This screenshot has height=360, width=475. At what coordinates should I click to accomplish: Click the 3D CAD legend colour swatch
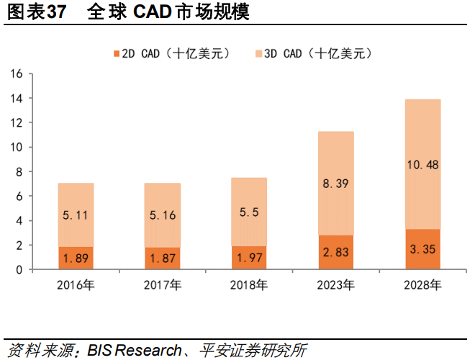pos(258,53)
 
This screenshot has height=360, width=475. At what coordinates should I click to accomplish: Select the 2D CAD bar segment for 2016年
pos(76,258)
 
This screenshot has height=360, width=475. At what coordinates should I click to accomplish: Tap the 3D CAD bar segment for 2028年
pos(422,164)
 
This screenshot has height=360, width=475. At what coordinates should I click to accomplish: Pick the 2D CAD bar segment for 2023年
pos(336,252)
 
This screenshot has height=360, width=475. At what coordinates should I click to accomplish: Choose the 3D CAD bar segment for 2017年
pos(163,215)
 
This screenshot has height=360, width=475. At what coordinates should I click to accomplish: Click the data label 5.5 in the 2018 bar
pos(249,214)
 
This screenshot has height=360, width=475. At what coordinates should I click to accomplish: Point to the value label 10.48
pos(422,165)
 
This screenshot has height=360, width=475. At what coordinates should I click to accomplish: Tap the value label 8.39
pos(336,184)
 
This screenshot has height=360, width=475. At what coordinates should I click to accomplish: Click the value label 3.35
pos(422,250)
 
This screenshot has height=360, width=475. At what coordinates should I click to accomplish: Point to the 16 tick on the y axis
pos(17,73)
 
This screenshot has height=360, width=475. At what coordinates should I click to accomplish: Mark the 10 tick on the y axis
pos(17,147)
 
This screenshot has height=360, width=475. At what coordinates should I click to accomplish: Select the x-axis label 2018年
pos(249,286)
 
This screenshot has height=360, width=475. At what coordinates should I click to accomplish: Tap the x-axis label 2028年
pos(422,286)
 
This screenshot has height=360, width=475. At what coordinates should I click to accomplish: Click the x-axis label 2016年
pos(76,286)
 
